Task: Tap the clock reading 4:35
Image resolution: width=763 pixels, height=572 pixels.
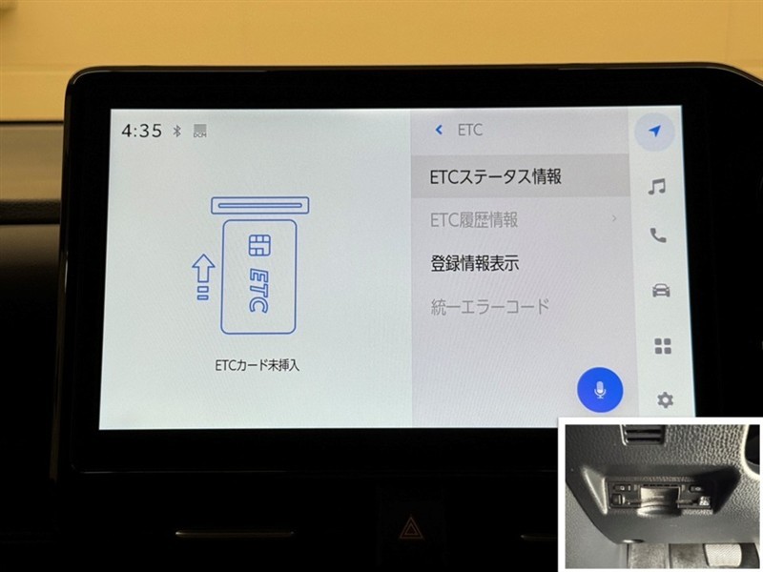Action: pyautogui.click(x=141, y=131)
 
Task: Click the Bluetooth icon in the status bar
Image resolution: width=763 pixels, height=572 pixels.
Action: pyautogui.click(x=177, y=131)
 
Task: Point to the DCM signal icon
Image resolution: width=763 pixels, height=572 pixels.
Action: pyautogui.click(x=200, y=131)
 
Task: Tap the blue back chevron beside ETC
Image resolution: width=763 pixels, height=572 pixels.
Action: pyautogui.click(x=439, y=130)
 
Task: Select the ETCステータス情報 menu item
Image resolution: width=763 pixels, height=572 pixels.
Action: pyautogui.click(x=495, y=176)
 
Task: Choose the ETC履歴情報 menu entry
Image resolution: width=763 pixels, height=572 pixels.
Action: pyautogui.click(x=474, y=220)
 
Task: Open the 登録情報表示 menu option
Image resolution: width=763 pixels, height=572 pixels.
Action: pyautogui.click(x=474, y=263)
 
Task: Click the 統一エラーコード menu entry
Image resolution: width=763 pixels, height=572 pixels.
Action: pyautogui.click(x=490, y=306)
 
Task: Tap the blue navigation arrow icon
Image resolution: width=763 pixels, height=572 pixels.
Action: pyautogui.click(x=655, y=131)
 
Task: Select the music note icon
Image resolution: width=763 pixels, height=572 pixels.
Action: pyautogui.click(x=656, y=186)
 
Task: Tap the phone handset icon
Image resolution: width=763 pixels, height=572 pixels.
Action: pyautogui.click(x=658, y=235)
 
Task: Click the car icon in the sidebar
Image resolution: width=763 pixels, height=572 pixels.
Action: pyautogui.click(x=661, y=291)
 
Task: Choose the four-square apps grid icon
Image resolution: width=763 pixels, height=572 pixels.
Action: pyautogui.click(x=663, y=346)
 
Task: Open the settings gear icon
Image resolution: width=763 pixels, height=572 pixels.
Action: pyautogui.click(x=665, y=400)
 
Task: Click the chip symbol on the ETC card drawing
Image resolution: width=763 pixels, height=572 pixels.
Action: pyautogui.click(x=259, y=246)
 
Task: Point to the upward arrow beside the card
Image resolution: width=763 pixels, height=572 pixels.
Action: pyautogui.click(x=203, y=276)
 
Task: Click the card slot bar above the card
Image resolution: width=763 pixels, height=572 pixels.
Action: pyautogui.click(x=260, y=205)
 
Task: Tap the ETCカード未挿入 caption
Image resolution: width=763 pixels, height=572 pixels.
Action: pyautogui.click(x=257, y=365)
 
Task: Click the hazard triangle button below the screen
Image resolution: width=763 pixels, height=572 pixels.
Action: pyautogui.click(x=411, y=529)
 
